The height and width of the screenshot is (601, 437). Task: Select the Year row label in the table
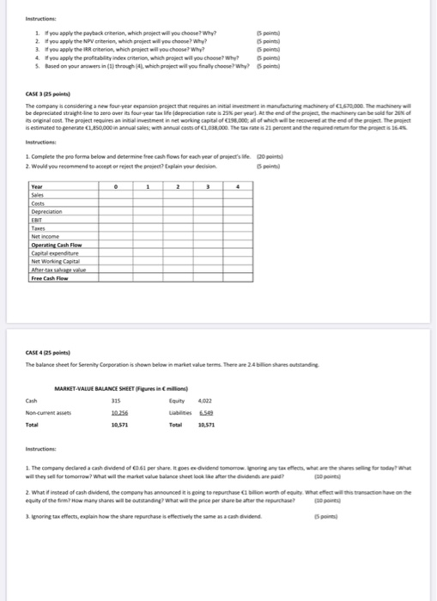point(36,185)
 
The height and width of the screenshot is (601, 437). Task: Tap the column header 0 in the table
point(117,185)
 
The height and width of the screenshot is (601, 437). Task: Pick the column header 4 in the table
point(237,185)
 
